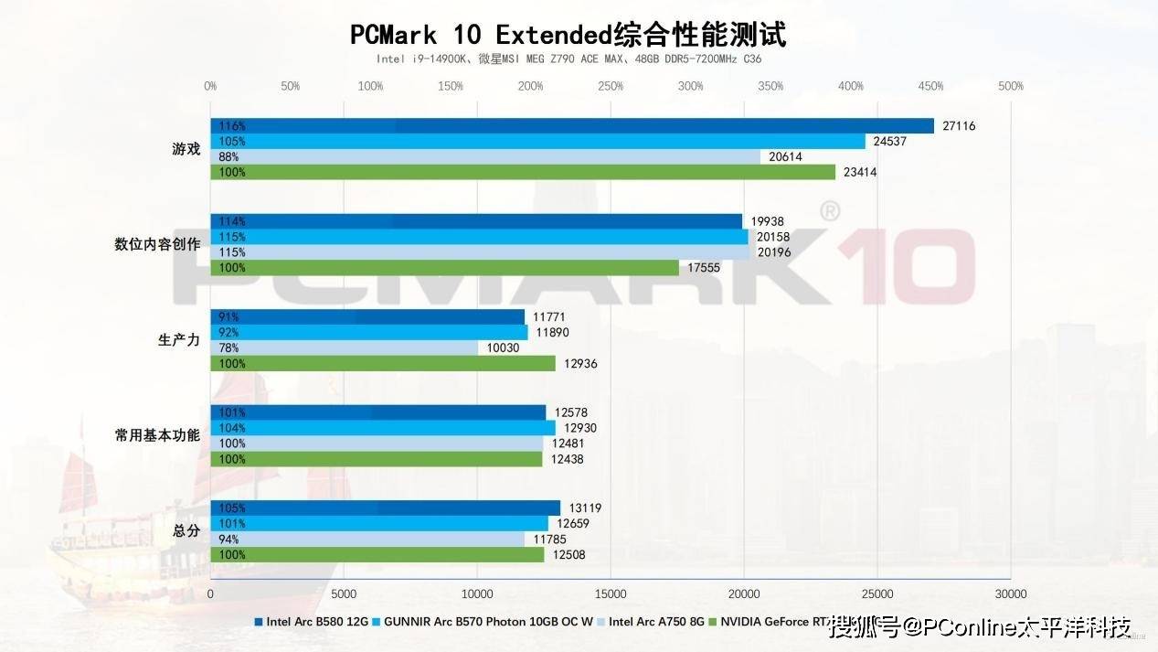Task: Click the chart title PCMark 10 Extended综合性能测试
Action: point(568,35)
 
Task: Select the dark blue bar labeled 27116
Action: point(571,126)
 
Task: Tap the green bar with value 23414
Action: point(523,172)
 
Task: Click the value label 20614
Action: point(785,156)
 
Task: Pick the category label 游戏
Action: point(186,149)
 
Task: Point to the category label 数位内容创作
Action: point(157,244)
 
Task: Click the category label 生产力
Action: point(179,340)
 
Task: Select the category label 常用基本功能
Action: point(157,435)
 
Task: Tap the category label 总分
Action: point(186,530)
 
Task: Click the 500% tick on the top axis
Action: point(1011,86)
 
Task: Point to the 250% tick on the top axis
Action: point(611,86)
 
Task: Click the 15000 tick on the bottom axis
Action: point(611,593)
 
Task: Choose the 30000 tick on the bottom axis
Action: point(1010,593)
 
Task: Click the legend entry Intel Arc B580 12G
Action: point(316,622)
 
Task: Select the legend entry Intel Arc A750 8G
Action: point(656,622)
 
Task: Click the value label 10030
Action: point(502,347)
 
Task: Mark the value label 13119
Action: point(584,508)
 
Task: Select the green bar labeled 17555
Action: point(444,268)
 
